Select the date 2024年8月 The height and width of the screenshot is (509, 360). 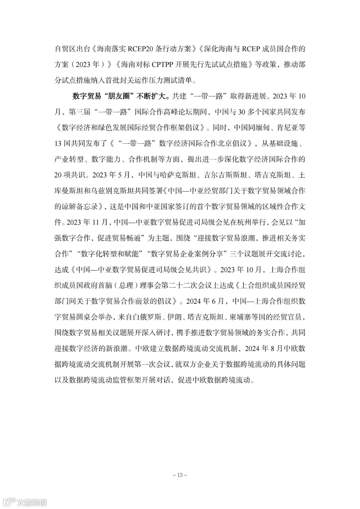pyautogui.click(x=263, y=349)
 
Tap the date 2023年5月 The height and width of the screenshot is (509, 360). pyautogui.click(x=113, y=175)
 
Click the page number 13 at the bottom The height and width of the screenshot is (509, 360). pyautogui.click(x=180, y=475)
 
